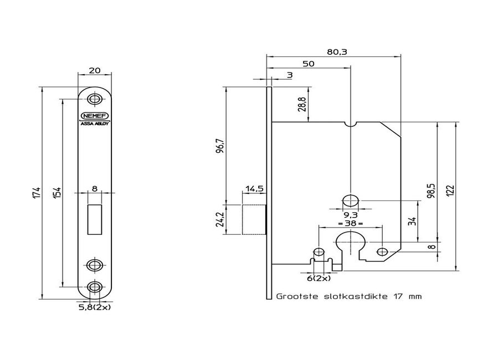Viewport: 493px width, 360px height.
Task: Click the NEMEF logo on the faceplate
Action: click(x=96, y=116)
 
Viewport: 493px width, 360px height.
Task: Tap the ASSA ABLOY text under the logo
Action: click(x=96, y=124)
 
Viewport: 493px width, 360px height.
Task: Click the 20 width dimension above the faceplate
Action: click(x=95, y=71)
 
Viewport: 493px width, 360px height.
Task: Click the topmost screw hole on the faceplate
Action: click(x=96, y=100)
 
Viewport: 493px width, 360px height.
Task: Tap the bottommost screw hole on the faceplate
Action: click(x=96, y=287)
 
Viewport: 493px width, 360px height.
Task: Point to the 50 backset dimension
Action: click(x=309, y=64)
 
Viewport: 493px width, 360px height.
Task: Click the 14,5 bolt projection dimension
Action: click(x=254, y=189)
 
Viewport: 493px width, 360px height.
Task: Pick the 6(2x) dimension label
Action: click(x=319, y=278)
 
